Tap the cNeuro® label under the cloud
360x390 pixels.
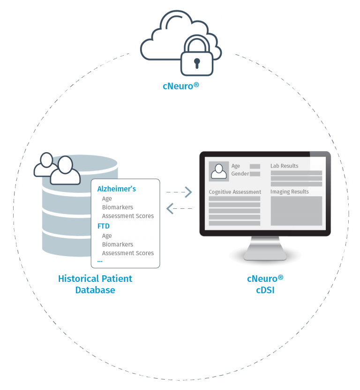pyautogui.click(x=180, y=86)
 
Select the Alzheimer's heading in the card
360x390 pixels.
pyautogui.click(x=116, y=189)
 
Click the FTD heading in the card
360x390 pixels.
pyautogui.click(x=103, y=226)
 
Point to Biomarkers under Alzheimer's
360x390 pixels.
pyautogui.click(x=118, y=207)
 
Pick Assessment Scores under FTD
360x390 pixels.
pyautogui.click(x=127, y=253)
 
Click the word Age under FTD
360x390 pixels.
pyautogui.click(x=107, y=236)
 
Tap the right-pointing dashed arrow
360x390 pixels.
pyautogui.click(x=180, y=192)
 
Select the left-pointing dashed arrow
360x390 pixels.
pyautogui.click(x=179, y=208)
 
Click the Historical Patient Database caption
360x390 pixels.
pyautogui.click(x=95, y=284)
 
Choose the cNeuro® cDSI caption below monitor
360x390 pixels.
pyautogui.click(x=265, y=284)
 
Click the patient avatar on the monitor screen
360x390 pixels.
pyautogui.click(x=218, y=170)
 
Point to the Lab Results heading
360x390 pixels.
pyautogui.click(x=284, y=166)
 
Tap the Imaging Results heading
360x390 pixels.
pyautogui.click(x=289, y=191)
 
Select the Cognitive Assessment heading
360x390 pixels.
pyautogui.click(x=235, y=192)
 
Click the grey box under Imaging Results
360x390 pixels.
pyautogui.click(x=296, y=211)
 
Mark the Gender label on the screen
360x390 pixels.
pyautogui.click(x=240, y=174)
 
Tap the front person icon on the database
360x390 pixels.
pyautogui.click(x=65, y=170)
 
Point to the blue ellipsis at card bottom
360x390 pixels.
pyautogui.click(x=99, y=261)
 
